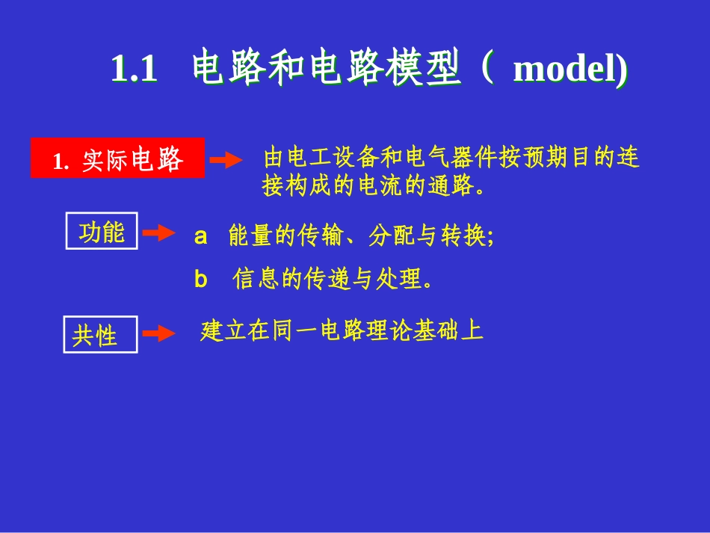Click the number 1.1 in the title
pos(134,70)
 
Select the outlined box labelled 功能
pos(102,232)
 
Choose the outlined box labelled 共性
pos(100,335)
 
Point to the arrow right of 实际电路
pos(226,160)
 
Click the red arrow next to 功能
pos(158,233)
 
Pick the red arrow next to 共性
pos(158,333)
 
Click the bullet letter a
pos(200,237)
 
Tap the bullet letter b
pos(200,280)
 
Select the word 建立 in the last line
pos(223,330)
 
